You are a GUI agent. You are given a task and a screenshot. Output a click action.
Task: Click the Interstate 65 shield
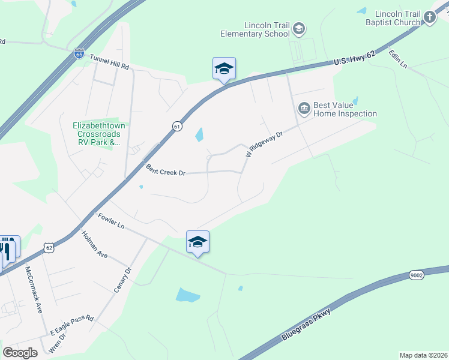[x=79, y=54]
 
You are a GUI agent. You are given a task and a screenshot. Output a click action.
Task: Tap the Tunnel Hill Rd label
[x=109, y=63]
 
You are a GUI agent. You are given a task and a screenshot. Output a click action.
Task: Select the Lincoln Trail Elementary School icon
[x=299, y=29]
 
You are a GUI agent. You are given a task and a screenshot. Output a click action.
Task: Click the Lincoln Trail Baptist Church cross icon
[x=430, y=17]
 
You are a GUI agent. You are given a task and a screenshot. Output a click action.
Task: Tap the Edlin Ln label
[x=397, y=59]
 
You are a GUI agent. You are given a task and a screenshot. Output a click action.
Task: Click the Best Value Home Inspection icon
[x=304, y=108]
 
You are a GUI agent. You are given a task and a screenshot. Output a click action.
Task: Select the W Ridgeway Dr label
[x=264, y=145]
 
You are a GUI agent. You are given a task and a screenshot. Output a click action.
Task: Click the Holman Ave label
[x=94, y=245]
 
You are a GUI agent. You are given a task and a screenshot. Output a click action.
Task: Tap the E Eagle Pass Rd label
[x=71, y=324]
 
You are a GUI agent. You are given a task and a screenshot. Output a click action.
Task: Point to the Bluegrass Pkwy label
[x=306, y=325]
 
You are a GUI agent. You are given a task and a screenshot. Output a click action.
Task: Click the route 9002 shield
[x=416, y=275]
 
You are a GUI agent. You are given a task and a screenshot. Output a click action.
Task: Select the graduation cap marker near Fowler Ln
[x=197, y=242]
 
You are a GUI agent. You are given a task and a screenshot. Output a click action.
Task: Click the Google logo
[x=20, y=353]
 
